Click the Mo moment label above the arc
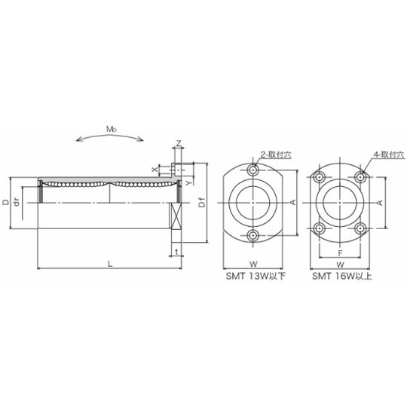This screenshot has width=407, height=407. click(x=111, y=129)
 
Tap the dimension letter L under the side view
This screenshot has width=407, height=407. click(x=110, y=264)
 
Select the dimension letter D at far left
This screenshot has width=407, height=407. click(x=5, y=202)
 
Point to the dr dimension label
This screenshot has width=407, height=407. click(x=17, y=202)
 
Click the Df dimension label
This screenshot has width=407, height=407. click(x=202, y=202)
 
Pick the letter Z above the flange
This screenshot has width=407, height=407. click(x=179, y=143)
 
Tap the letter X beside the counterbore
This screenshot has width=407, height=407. click(x=155, y=170)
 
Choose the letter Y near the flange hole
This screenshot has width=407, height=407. click(x=189, y=183)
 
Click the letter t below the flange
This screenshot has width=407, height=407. click(x=177, y=252)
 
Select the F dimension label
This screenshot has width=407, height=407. click(x=341, y=252)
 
